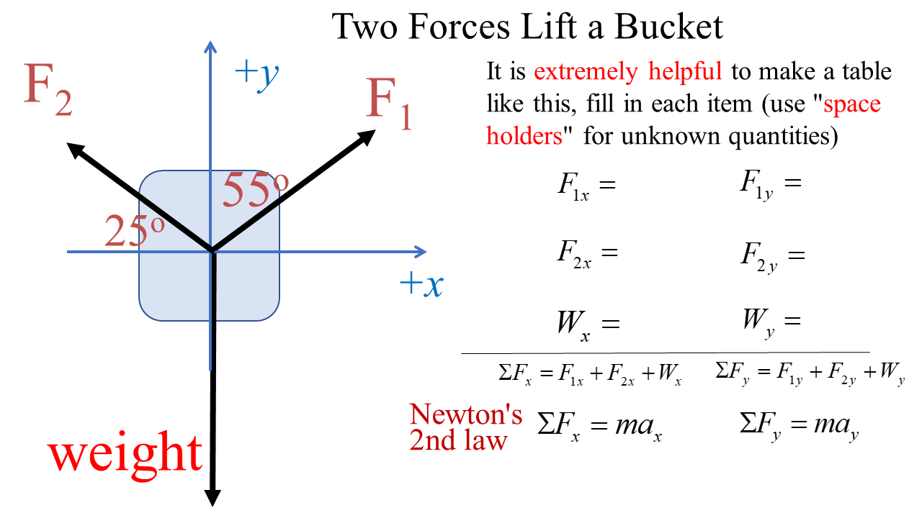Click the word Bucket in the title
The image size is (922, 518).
tap(668, 27)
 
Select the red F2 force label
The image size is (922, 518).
tap(48, 89)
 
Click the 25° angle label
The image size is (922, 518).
tap(135, 230)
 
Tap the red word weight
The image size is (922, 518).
tap(126, 452)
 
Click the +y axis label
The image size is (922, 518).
tap(257, 73)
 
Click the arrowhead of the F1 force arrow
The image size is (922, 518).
tap(368, 135)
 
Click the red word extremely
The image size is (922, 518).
tap(585, 72)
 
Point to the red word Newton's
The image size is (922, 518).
tap(466, 414)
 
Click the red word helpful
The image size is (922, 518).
tap(685, 72)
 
